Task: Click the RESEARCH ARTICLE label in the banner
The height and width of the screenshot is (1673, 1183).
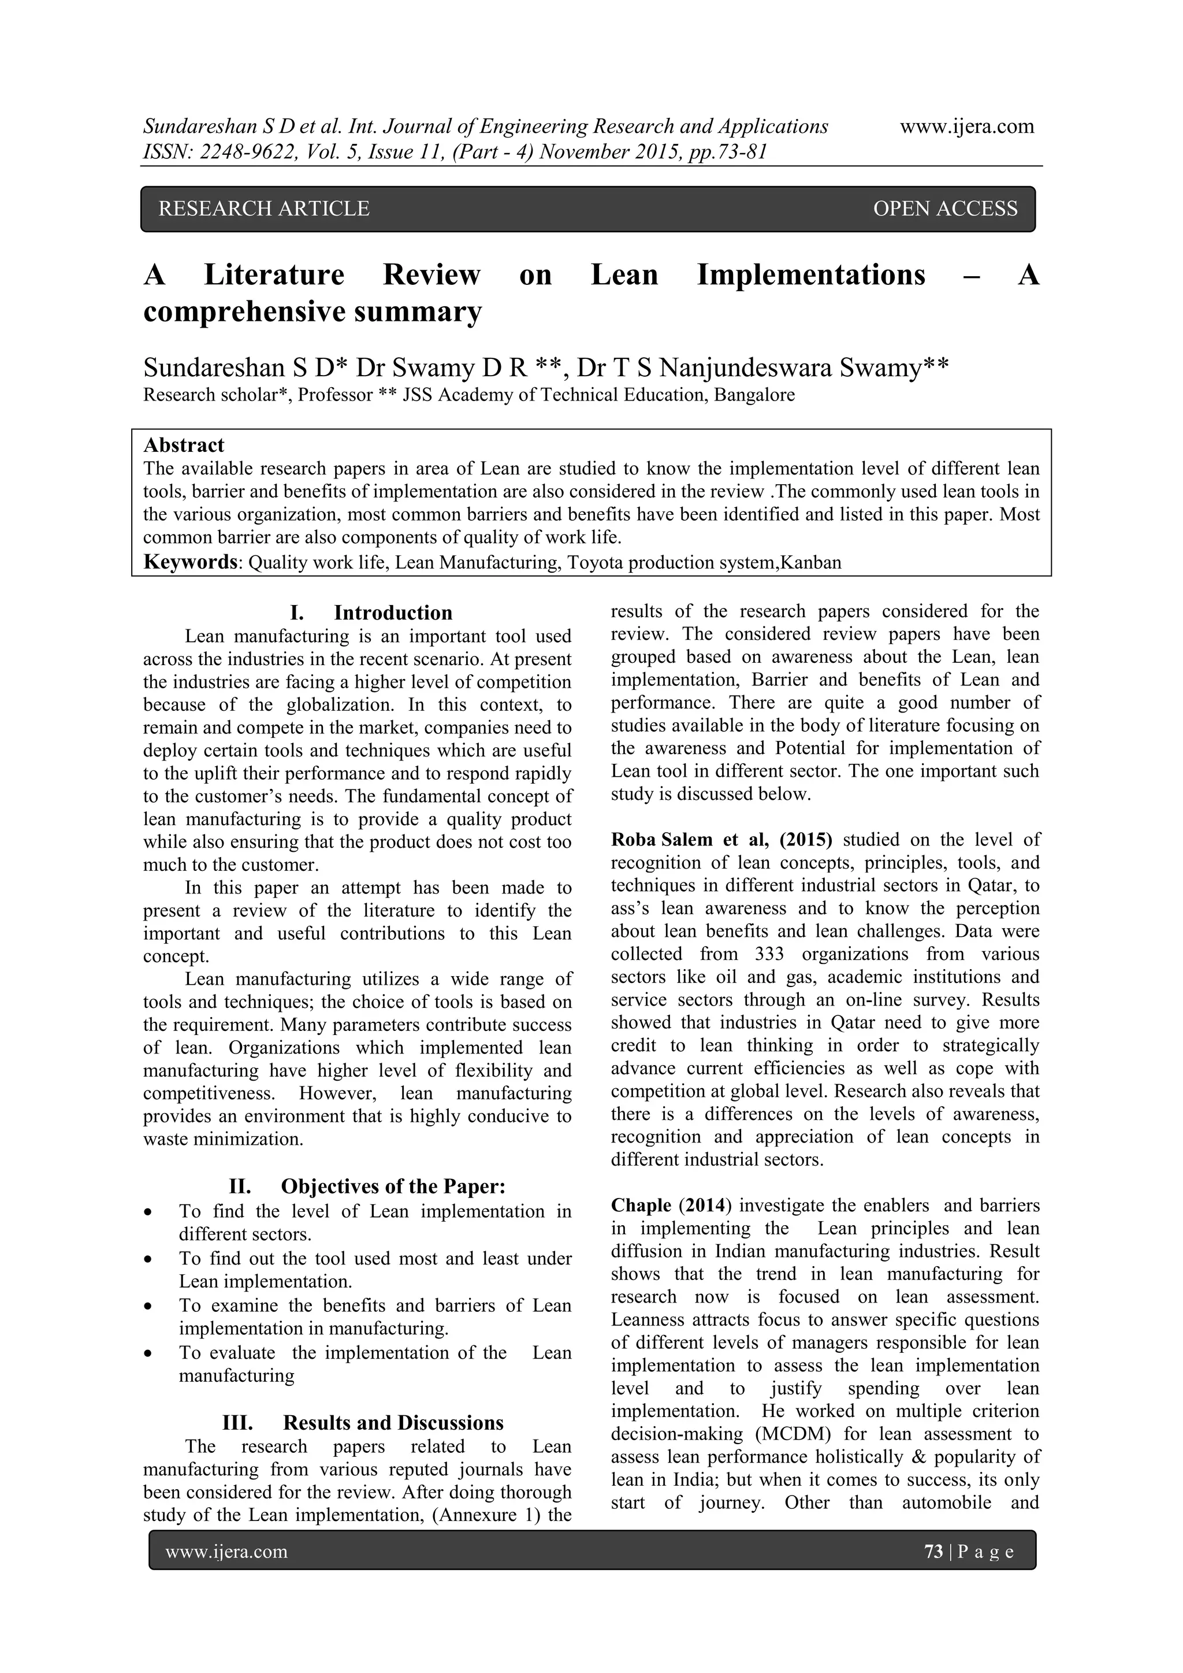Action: pos(264,209)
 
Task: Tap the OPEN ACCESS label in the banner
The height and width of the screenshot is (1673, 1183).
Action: pos(945,209)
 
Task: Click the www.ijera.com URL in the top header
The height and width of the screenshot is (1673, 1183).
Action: pos(966,127)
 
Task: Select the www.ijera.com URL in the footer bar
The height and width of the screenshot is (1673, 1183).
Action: pos(226,1551)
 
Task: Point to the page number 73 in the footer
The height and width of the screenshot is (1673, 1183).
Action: pos(933,1551)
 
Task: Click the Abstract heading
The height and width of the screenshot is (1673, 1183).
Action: pos(184,445)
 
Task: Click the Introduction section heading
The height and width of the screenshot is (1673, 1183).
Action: pos(393,613)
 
